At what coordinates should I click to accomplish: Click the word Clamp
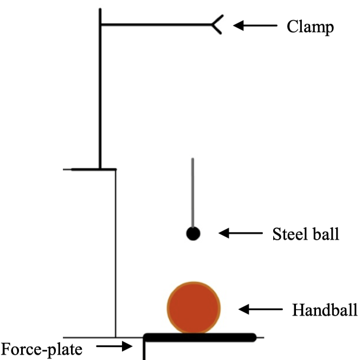pos(310,27)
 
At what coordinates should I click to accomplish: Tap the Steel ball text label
pos(305,234)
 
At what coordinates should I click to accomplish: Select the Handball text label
pos(325,310)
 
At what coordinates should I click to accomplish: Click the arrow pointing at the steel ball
pos(240,233)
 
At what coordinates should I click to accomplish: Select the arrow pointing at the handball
pos(261,310)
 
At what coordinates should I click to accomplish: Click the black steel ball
pos(194,234)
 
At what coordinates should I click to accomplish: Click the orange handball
pos(194,306)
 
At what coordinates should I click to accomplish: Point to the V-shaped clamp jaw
pos(216,25)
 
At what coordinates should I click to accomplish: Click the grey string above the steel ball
pos(192,190)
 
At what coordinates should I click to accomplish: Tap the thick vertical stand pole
pos(100,92)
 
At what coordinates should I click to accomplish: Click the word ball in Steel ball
pos(325,234)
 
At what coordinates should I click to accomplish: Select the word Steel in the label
pos(288,234)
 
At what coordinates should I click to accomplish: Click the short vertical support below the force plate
pos(145,350)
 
